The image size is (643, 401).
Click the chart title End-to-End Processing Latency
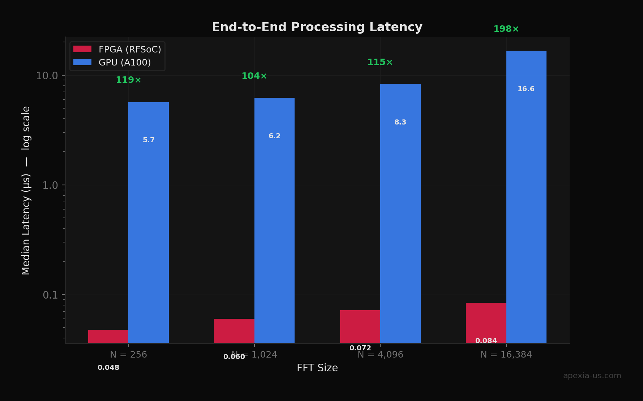[x=317, y=27]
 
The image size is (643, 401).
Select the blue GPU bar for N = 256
[x=149, y=222]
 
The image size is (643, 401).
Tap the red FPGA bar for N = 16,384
[x=486, y=322]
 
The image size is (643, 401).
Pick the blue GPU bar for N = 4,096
[x=400, y=213]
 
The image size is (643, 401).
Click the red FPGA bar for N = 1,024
[x=234, y=330]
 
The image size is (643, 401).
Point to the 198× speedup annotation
[x=506, y=29]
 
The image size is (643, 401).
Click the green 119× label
[x=128, y=80]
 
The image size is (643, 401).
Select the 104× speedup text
[x=254, y=76]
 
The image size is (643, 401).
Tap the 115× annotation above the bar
[x=380, y=62]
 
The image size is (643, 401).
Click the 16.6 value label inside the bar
[x=526, y=89]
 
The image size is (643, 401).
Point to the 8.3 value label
[x=400, y=122]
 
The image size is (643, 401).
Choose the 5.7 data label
[x=149, y=140]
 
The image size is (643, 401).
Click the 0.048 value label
[x=108, y=368]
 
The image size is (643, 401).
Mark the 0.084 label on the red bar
[x=486, y=341]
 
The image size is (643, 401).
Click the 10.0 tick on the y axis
[x=47, y=76]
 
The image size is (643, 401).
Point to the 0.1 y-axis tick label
[x=50, y=295]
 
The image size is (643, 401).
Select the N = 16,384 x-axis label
[x=506, y=355]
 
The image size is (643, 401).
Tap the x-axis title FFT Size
[x=317, y=368]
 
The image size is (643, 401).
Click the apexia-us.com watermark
[x=592, y=376]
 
